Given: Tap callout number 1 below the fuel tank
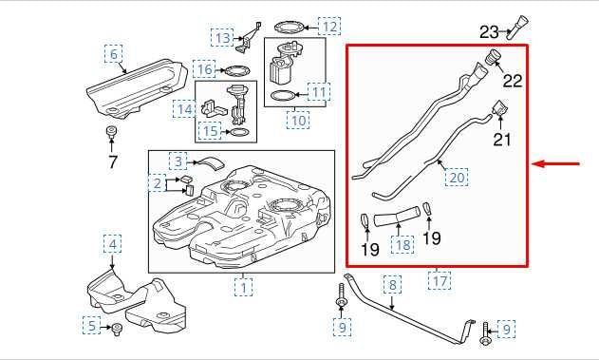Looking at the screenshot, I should click(244, 285).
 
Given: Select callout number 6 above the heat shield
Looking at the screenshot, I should click(115, 55).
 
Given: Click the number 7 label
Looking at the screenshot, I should click(113, 161).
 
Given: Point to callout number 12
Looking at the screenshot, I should click(328, 26).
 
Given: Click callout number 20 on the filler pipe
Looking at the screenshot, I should click(458, 177).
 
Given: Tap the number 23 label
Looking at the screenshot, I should click(490, 31).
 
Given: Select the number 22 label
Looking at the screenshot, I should click(513, 81).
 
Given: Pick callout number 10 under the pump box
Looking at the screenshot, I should click(298, 121).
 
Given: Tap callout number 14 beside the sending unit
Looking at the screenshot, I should click(183, 110).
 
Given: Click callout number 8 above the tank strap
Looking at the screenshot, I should click(393, 284).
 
